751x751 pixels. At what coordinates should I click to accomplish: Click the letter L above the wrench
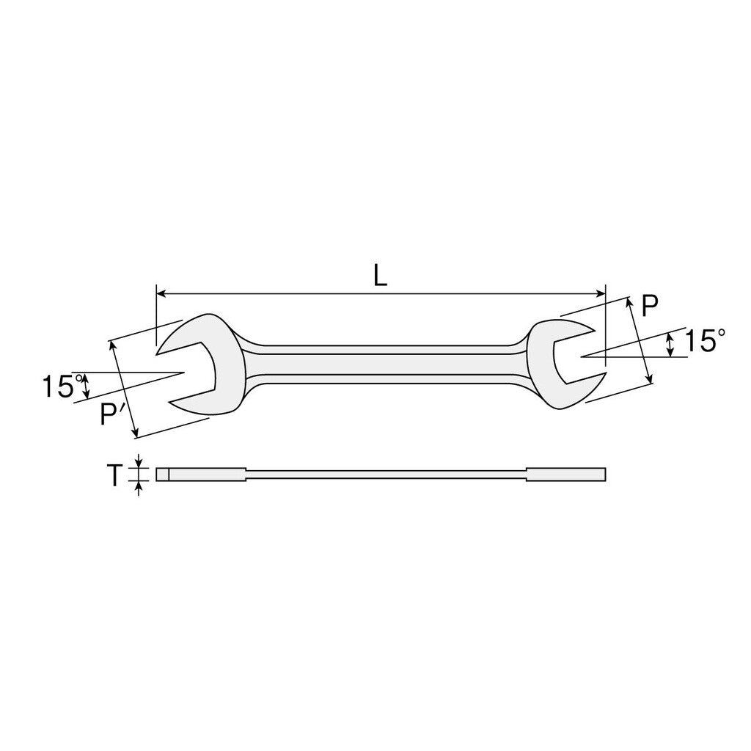(380, 276)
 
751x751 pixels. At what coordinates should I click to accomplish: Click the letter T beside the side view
(114, 475)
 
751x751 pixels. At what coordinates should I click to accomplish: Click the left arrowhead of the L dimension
(161, 293)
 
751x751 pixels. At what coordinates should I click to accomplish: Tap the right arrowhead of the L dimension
(601, 293)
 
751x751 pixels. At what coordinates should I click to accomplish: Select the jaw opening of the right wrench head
(575, 356)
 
